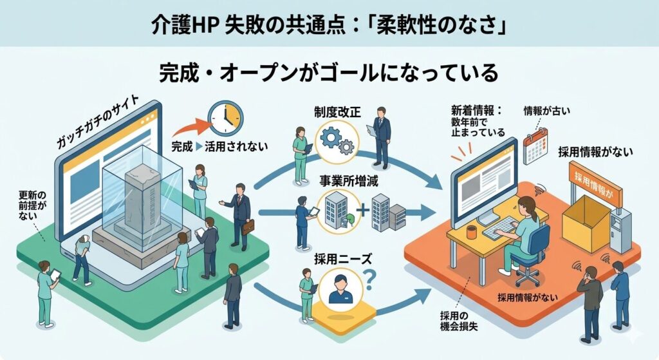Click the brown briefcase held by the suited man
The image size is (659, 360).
248,226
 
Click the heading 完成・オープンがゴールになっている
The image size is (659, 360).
329,73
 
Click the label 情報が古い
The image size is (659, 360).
547,110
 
